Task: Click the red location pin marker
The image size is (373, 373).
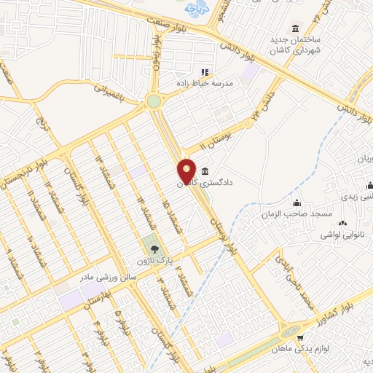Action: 187,171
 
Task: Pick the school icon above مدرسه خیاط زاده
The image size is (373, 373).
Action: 204,72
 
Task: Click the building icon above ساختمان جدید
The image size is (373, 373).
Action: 295,28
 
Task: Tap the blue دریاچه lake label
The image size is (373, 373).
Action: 191,9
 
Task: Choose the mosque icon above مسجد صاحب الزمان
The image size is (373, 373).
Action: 297,203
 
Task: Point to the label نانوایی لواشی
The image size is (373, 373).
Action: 342,237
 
